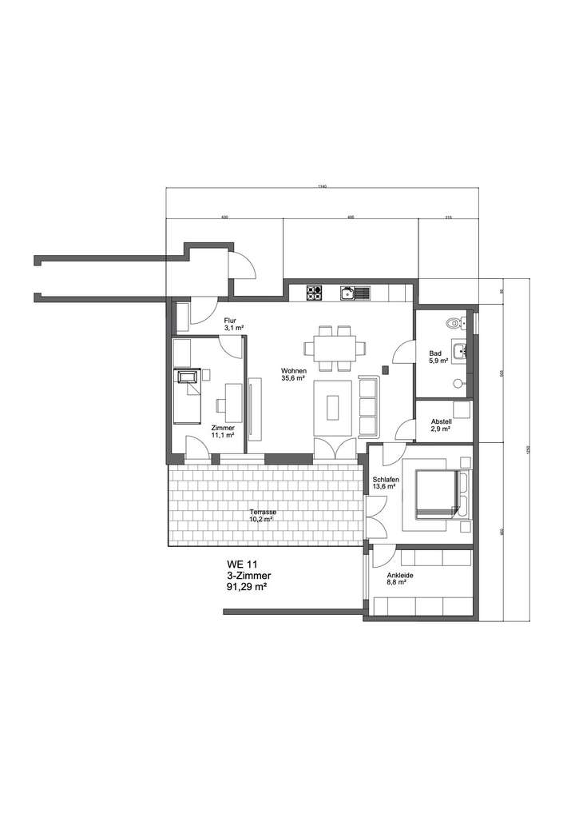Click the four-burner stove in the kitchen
[314, 293]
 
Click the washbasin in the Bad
[459, 350]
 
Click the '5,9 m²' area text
[437, 361]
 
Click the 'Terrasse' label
[262, 512]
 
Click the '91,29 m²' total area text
[247, 586]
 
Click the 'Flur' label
[230, 321]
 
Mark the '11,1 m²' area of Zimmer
[222, 436]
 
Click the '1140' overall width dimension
[322, 186]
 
